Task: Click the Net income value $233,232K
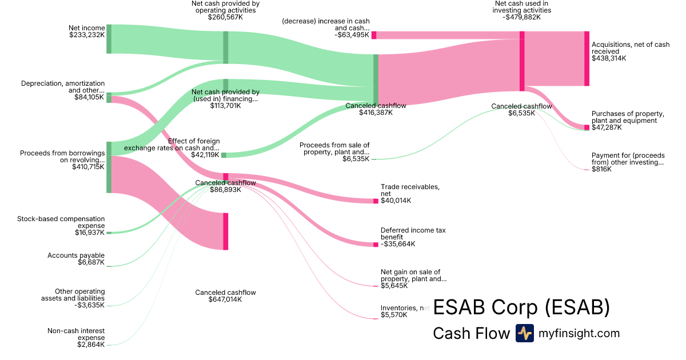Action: tap(86, 34)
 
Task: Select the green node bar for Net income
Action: tap(109, 39)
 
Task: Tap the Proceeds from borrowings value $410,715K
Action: tap(88, 167)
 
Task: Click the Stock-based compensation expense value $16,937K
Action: tap(90, 233)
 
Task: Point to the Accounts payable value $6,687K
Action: tap(91, 262)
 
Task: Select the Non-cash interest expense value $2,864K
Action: tap(91, 345)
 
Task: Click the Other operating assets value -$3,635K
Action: tap(90, 305)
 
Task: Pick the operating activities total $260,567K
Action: tap(225, 17)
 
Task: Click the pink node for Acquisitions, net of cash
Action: tap(587, 59)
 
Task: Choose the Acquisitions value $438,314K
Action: tap(609, 58)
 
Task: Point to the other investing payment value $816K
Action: tap(601, 169)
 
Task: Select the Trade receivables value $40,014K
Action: tap(396, 201)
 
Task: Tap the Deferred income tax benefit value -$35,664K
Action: tap(398, 244)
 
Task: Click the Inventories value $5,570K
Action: tap(394, 315)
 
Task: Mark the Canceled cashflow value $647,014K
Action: tap(225, 299)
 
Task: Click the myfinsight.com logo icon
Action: tap(524, 333)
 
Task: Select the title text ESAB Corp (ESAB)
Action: tap(521, 307)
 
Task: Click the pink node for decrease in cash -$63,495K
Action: tap(374, 35)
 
